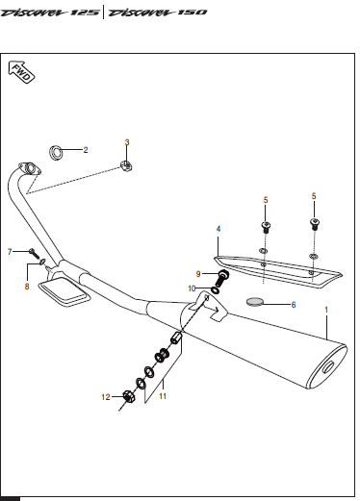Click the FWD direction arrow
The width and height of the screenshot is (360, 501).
pos(21,72)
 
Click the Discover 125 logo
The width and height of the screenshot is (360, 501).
pos(50,13)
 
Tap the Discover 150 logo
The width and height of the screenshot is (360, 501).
pos(157,13)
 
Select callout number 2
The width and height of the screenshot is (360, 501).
pos(86,150)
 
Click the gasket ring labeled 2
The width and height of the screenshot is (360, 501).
pos(56,153)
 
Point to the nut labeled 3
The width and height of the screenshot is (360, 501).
pos(126,166)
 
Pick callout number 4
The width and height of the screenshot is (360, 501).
pos(219,229)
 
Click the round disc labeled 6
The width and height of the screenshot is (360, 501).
pos(255,302)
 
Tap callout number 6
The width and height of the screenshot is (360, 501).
pos(294,305)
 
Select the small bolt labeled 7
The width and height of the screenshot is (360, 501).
pos(34,253)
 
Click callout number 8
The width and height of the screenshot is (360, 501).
pos(27,287)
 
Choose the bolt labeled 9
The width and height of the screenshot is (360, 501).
pos(222,279)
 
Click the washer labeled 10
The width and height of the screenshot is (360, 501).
pos(216,290)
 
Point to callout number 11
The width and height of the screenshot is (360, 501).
pos(163,396)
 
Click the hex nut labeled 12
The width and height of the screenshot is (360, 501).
pos(128,397)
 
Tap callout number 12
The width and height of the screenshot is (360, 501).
pos(106,397)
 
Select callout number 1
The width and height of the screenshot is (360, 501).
pos(326,310)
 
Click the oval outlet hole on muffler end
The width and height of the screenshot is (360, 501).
pos(328,367)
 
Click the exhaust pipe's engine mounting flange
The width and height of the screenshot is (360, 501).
pos(30,169)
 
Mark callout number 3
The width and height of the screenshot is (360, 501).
pos(127,142)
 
